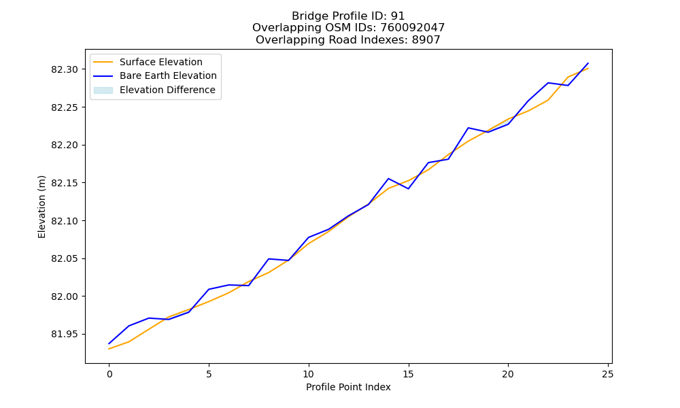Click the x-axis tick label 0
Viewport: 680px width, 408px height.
point(109,374)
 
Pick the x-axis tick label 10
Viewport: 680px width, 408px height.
point(308,374)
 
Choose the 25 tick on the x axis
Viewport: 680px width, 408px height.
point(607,374)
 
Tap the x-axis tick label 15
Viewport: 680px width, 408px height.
point(408,374)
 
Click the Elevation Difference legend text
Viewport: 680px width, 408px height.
point(167,90)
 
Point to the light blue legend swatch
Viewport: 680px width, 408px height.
point(103,90)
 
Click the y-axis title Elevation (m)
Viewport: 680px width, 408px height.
point(41,207)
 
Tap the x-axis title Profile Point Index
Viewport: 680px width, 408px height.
point(348,387)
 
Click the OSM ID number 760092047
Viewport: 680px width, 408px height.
point(413,28)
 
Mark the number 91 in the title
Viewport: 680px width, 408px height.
point(398,16)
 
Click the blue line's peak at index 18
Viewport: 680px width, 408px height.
point(469,128)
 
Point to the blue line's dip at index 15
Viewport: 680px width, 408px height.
point(408,188)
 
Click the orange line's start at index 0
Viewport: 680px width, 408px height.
point(109,349)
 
